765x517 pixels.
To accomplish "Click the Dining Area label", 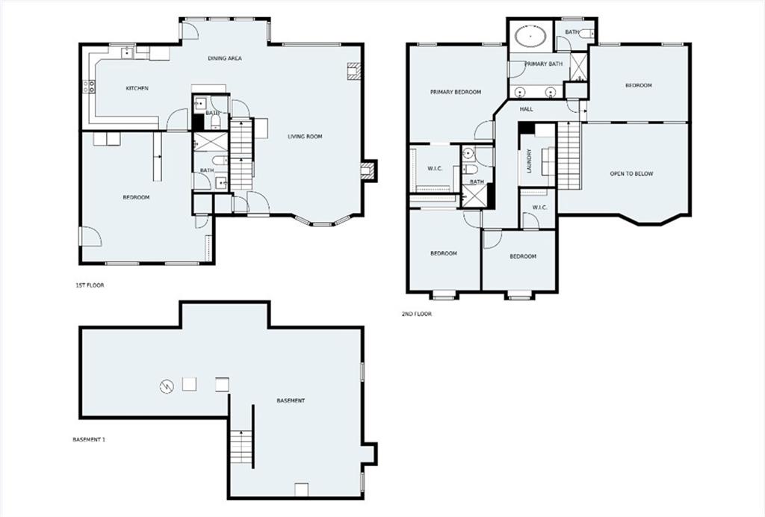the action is coord(225,58).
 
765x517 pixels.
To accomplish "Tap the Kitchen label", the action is coord(137,88).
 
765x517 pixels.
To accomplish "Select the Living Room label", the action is coord(305,137).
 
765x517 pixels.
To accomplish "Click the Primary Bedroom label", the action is coord(456,92).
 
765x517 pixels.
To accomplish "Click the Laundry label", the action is coord(530,161).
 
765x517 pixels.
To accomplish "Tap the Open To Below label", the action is coord(631,173).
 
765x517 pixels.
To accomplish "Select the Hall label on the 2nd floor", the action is coord(527,109).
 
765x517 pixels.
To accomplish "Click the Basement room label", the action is coord(291,400).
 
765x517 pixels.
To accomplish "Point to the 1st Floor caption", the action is coord(90,285).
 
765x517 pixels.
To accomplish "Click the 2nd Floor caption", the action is coord(417,314).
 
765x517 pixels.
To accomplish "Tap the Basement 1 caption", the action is coord(90,439).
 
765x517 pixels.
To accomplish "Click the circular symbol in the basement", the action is coord(167,387).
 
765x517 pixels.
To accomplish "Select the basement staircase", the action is coord(241,447).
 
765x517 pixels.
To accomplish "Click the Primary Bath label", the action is coord(544,64).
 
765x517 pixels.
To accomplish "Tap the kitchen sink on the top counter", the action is coord(128,52).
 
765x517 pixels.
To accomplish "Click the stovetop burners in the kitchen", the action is coord(89,87).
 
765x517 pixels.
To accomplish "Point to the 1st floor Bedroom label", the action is coord(136,197).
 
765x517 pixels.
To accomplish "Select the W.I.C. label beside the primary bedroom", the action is coord(435,169).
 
